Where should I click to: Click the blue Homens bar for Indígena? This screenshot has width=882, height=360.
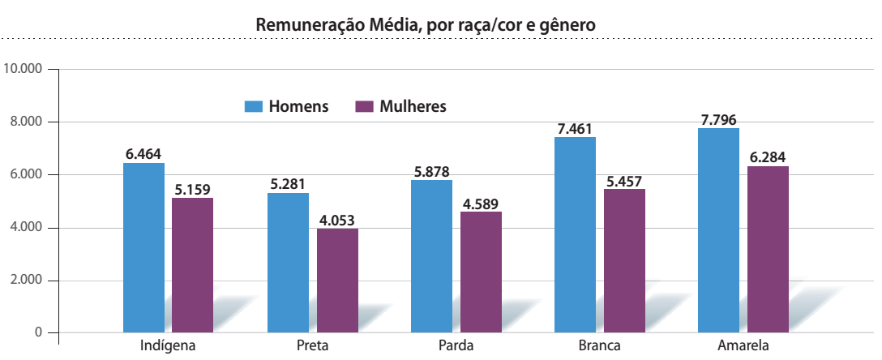143,247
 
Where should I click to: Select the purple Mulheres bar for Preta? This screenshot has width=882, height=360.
337,280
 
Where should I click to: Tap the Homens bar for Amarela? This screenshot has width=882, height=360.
718,230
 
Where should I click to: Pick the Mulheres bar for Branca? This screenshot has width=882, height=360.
624,260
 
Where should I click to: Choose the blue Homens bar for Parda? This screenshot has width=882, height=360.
431,255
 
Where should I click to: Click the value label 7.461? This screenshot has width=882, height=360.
576,128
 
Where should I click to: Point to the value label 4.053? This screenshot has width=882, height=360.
336,220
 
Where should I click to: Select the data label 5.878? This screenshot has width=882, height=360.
431,171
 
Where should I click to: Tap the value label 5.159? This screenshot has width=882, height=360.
192,190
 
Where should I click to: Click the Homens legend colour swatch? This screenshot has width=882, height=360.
254,107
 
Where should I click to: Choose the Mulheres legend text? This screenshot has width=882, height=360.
413,107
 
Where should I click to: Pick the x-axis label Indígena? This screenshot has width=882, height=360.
169,346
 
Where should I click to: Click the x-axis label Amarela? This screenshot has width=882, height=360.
743,346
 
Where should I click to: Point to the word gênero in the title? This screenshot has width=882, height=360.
567,25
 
